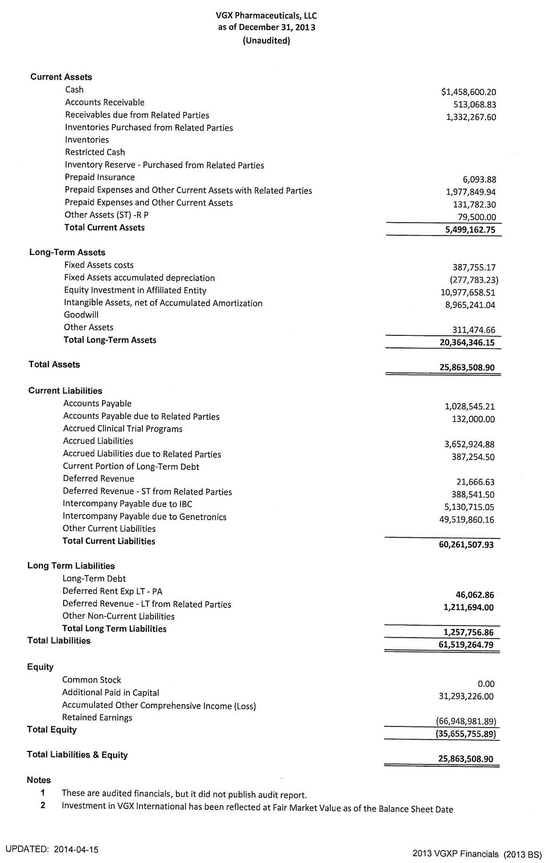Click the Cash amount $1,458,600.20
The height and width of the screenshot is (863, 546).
pyautogui.click(x=468, y=92)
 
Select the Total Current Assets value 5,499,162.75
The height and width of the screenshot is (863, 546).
pyautogui.click(x=470, y=230)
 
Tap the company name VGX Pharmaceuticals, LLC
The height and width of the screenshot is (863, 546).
pyautogui.click(x=266, y=16)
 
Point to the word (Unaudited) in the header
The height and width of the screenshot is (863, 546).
pyautogui.click(x=266, y=40)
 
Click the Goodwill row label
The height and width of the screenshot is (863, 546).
pyautogui.click(x=81, y=315)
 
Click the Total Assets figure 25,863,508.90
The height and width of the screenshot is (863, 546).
pyautogui.click(x=466, y=368)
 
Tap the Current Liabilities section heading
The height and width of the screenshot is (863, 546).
pyautogui.click(x=65, y=391)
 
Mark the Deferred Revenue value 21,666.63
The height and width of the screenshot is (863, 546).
pyautogui.click(x=475, y=482)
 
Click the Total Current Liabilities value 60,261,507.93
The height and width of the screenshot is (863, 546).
pyautogui.click(x=466, y=545)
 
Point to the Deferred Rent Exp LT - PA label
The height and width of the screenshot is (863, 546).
pyautogui.click(x=112, y=591)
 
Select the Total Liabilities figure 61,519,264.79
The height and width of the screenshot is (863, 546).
pyautogui.click(x=466, y=645)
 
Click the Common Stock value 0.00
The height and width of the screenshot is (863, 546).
pyautogui.click(x=486, y=684)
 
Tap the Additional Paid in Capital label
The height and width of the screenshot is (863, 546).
pyautogui.click(x=110, y=693)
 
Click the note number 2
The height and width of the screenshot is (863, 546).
pyautogui.click(x=43, y=806)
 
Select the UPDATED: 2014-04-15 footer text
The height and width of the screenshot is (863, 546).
pyautogui.click(x=52, y=849)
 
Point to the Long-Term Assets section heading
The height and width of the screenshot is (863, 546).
pyautogui.click(x=67, y=252)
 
